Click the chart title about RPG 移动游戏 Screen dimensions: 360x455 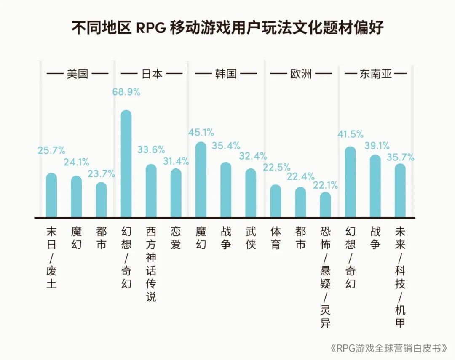coord(227,29)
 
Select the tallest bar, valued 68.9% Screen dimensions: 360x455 coord(126,164)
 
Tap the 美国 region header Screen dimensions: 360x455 coord(77,74)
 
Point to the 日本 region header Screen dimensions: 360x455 coord(151,74)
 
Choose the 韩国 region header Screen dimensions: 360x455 coord(225,74)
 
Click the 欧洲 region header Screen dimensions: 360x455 coord(301,74)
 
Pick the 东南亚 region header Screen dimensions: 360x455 coord(375,74)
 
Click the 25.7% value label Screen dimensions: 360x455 coord(51,150)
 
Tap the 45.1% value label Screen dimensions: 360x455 coord(201,132)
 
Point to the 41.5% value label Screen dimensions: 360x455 coord(350,134)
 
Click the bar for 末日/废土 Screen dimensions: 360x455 coord(51,195)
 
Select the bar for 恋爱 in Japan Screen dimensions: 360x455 coord(176,193)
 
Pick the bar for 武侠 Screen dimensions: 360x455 coord(251,193)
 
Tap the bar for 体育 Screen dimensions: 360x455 coord(276,201)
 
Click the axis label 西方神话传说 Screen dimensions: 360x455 coord(151,264)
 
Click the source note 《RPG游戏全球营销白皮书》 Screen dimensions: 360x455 coord(388,349)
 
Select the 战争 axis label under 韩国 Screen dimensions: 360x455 coord(226,238)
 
